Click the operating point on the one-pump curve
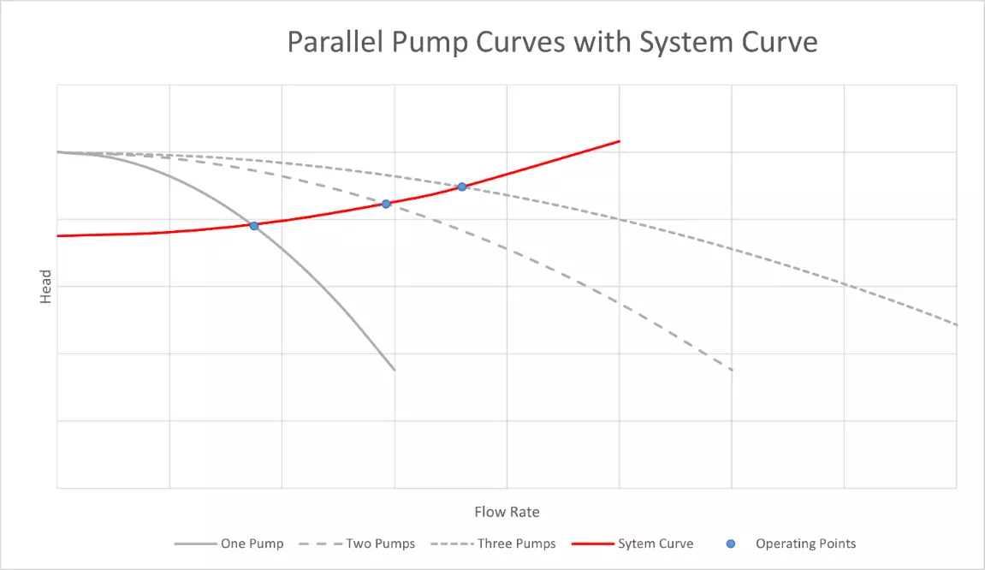[x=254, y=225]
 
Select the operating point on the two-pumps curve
[x=386, y=204]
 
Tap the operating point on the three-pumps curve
[x=461, y=187]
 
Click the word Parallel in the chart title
[x=326, y=42]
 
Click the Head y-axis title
[x=46, y=287]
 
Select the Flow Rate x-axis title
[x=507, y=512]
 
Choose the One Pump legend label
[x=252, y=543]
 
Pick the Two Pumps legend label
[x=380, y=543]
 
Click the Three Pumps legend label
[x=516, y=543]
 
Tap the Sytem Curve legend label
[x=656, y=543]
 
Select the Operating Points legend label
[x=805, y=543]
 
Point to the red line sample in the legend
[x=590, y=543]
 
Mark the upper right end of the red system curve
[x=619, y=141]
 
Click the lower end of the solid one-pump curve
[x=395, y=370]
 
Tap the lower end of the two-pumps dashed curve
[x=733, y=370]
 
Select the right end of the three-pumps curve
[x=956, y=325]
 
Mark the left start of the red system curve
[x=58, y=235]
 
